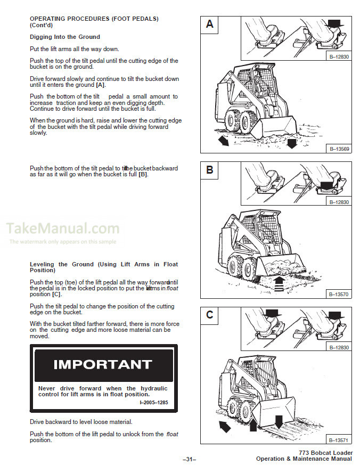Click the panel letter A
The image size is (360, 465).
[x=210, y=24]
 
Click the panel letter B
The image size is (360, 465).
[x=210, y=170]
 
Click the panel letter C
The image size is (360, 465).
[x=210, y=315]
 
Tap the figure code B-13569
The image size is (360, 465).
[x=339, y=149]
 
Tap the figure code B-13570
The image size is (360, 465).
[x=339, y=294]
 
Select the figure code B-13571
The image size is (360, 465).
[x=339, y=440]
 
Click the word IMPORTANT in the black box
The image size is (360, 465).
[x=103, y=365]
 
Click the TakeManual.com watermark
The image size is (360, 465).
[x=63, y=229]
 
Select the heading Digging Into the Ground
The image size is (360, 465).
[x=64, y=37]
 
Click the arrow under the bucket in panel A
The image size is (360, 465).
[x=291, y=143]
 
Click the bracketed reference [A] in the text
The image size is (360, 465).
[x=100, y=85]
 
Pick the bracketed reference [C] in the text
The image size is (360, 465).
[x=56, y=294]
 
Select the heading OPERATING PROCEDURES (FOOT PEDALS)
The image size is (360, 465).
[x=94, y=19]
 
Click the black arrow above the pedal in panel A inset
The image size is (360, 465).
[x=334, y=22]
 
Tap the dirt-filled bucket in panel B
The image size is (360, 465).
[x=281, y=263]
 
